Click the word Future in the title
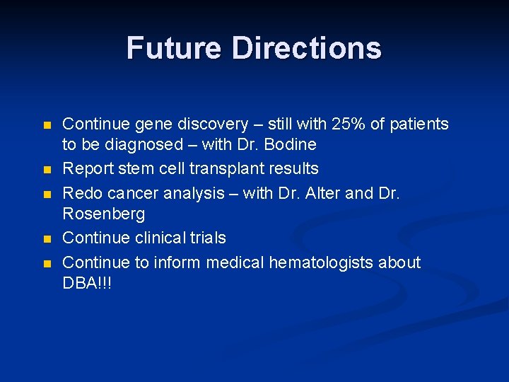[x=174, y=48]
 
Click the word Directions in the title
[x=306, y=48]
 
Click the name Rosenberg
[x=103, y=214]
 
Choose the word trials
[x=206, y=238]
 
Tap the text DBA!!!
[x=87, y=283]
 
